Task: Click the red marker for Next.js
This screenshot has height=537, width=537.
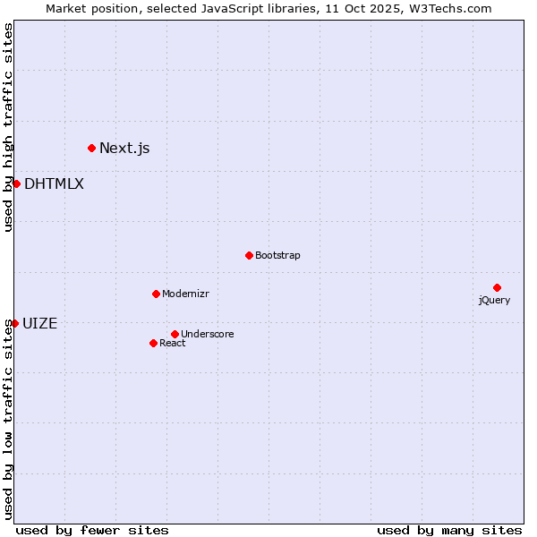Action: click(x=91, y=148)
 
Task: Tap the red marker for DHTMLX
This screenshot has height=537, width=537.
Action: click(x=16, y=183)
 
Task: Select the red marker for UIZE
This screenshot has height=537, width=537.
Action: click(x=14, y=323)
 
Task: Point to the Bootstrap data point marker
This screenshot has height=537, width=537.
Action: click(x=249, y=255)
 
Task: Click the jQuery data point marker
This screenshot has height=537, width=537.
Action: click(x=497, y=287)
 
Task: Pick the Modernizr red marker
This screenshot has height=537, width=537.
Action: click(x=156, y=294)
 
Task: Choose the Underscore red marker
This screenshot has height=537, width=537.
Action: click(x=175, y=334)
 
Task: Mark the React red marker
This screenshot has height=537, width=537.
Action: click(x=153, y=343)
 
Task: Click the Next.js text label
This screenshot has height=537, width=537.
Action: click(x=124, y=148)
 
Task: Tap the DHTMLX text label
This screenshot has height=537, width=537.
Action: click(x=54, y=183)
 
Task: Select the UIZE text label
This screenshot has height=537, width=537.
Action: click(x=39, y=323)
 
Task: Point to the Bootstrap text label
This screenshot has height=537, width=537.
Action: click(x=277, y=255)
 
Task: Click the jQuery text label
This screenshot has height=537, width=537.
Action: click(x=494, y=300)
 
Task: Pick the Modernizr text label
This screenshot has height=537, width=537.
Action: click(x=185, y=294)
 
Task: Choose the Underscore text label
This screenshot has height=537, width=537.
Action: click(x=208, y=334)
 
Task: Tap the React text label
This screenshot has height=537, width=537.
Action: click(x=173, y=343)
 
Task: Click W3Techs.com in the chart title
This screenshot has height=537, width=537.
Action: click(x=453, y=9)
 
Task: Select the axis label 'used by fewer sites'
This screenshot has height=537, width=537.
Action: click(x=92, y=530)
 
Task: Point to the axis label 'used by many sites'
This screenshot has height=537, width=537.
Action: click(x=449, y=530)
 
